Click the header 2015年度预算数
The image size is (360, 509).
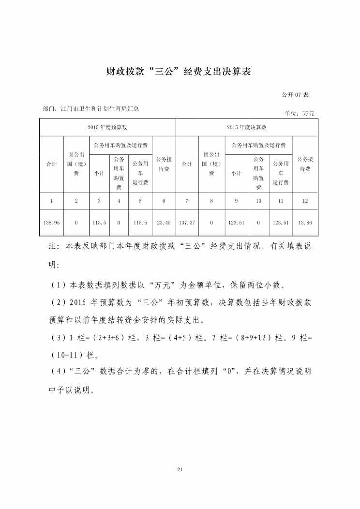coord(107,127)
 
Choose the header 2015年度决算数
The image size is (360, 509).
coord(246,127)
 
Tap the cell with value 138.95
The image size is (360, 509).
coord(51,223)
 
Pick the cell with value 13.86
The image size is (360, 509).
coord(305,223)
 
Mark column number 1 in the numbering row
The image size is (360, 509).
coord(51,200)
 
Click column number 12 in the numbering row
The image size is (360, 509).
coord(305,200)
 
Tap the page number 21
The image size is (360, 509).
coord(180,469)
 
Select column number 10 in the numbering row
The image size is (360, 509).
coord(258,200)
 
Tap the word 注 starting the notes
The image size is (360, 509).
coord(53,247)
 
